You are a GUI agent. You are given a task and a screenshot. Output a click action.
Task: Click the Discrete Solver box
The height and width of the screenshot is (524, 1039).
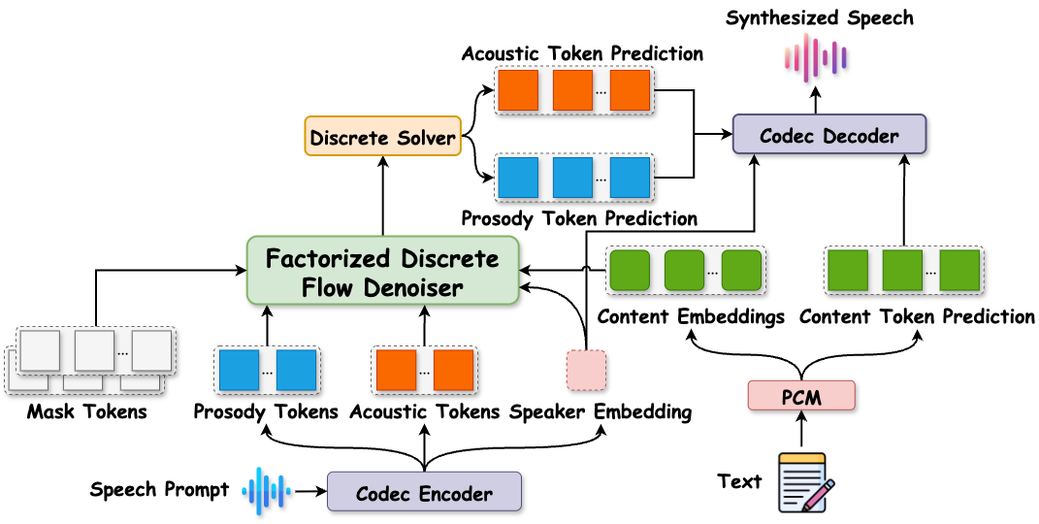tap(382, 137)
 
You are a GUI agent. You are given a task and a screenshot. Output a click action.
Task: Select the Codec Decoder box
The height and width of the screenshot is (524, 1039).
tap(828, 135)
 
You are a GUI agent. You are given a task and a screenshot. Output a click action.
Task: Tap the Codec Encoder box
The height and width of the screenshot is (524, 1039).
tap(424, 492)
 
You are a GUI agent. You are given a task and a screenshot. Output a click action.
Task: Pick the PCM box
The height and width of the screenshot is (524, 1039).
tap(800, 395)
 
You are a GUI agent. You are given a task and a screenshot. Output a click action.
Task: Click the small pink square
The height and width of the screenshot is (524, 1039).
tap(586, 371)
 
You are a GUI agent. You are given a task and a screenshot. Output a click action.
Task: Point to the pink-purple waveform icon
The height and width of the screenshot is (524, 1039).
tap(815, 57)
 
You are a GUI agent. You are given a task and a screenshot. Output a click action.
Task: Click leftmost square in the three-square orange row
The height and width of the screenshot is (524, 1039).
tap(517, 90)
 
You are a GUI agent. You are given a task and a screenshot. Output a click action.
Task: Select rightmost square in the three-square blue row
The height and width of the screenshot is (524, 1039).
tap(630, 178)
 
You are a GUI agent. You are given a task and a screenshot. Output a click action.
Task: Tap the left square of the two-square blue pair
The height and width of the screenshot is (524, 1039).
tap(239, 371)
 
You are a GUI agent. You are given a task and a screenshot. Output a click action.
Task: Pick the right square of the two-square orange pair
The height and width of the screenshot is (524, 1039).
tap(453, 371)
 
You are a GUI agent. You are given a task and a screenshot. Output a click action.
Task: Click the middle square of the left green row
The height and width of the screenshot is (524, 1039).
tap(684, 270)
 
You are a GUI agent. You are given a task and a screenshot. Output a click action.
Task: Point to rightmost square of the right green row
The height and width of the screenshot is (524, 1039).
tap(959, 270)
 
